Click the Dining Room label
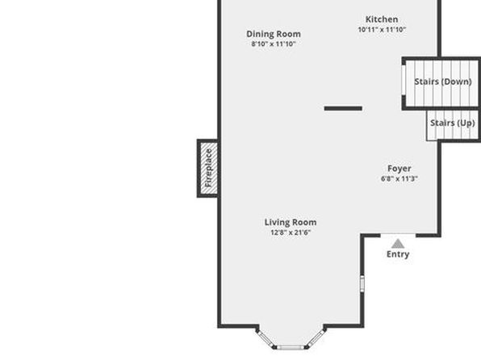[274, 34]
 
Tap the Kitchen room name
[382, 19]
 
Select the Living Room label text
[291, 222]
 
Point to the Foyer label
[399, 169]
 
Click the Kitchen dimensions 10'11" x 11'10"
[382, 30]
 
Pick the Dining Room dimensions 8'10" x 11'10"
[274, 44]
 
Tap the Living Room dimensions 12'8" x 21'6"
[291, 232]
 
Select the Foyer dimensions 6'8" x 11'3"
[399, 178]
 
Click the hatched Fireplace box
[208, 168]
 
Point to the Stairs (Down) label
[443, 82]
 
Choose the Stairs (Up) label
[453, 123]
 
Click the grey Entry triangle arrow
[398, 244]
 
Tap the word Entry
[398, 254]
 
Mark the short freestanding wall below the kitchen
[343, 108]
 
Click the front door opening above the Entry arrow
[398, 236]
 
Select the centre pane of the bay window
[291, 348]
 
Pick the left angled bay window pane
[266, 339]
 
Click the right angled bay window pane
[316, 339]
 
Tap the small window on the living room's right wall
[362, 283]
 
